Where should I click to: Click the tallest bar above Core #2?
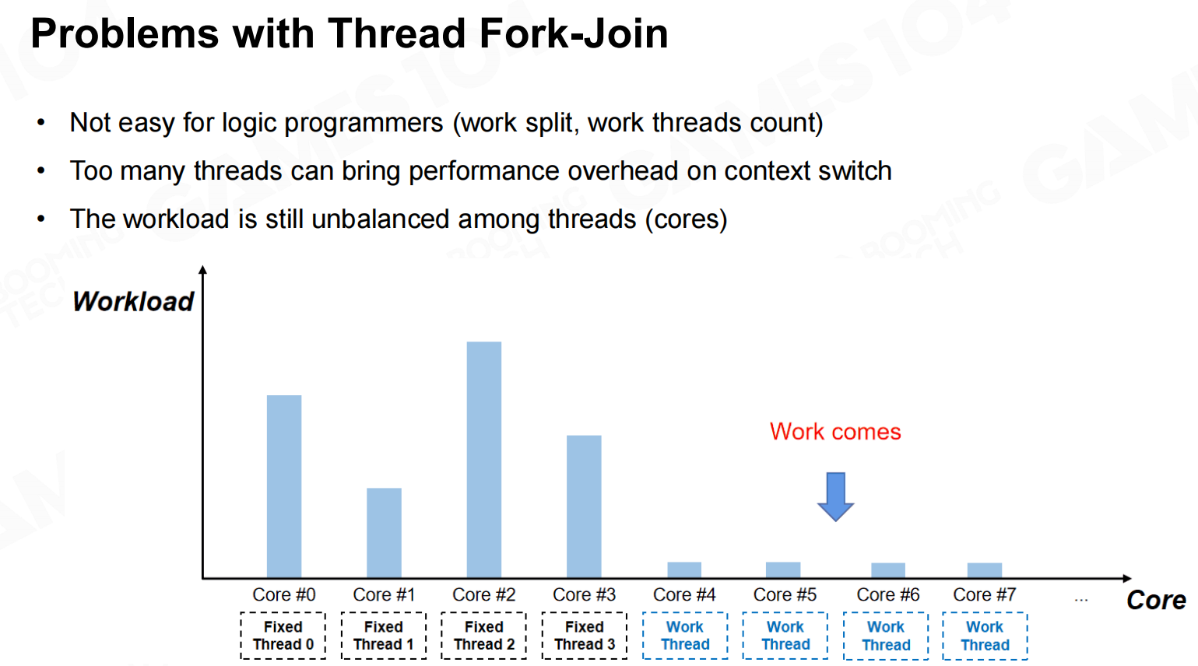pos(484,459)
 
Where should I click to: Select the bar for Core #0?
pos(284,485)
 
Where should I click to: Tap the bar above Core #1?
pos(384,532)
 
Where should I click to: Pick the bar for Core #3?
pos(584,507)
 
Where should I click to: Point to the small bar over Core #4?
pos(684,570)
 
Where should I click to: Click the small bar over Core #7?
pos(985,570)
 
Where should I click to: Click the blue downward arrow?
pos(835,496)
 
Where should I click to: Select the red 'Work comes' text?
pos(835,431)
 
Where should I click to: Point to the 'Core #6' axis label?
pos(888,594)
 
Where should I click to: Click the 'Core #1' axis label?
pos(384,594)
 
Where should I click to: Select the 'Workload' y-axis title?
pos(132,301)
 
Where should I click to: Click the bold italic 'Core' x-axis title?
pos(1156,600)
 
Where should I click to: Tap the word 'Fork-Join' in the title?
pos(574,33)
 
